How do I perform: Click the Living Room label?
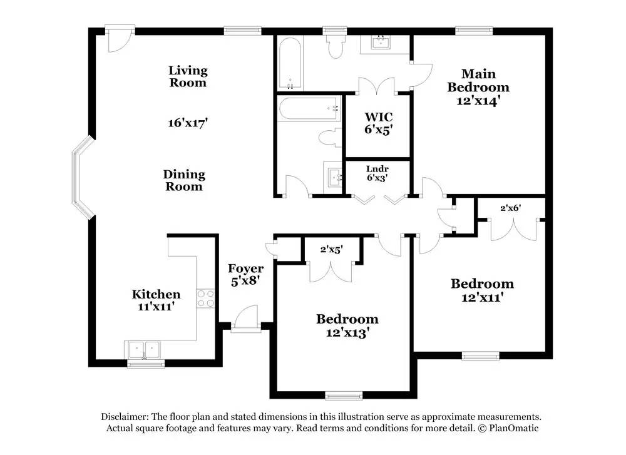click(x=188, y=76)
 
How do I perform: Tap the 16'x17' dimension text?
click(x=188, y=123)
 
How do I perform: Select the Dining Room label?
click(x=184, y=180)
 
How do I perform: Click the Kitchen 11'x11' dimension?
click(x=156, y=307)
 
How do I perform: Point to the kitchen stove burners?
click(x=205, y=299)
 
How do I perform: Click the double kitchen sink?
click(x=144, y=350)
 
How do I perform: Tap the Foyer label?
click(x=245, y=268)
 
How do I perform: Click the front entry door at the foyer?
click(x=245, y=319)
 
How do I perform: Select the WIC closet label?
click(x=379, y=117)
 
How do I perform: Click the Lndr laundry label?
click(x=377, y=169)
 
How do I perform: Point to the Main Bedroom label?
click(x=478, y=80)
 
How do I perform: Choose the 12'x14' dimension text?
click(x=478, y=100)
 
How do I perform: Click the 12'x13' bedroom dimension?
click(x=347, y=332)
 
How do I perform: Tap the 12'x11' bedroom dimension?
click(x=482, y=297)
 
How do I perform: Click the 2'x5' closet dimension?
click(x=331, y=250)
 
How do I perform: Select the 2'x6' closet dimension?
click(x=511, y=208)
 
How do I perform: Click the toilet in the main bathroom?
click(x=334, y=45)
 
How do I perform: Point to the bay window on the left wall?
click(x=83, y=178)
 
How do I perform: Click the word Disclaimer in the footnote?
click(x=125, y=417)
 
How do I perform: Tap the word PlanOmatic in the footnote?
click(x=514, y=428)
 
